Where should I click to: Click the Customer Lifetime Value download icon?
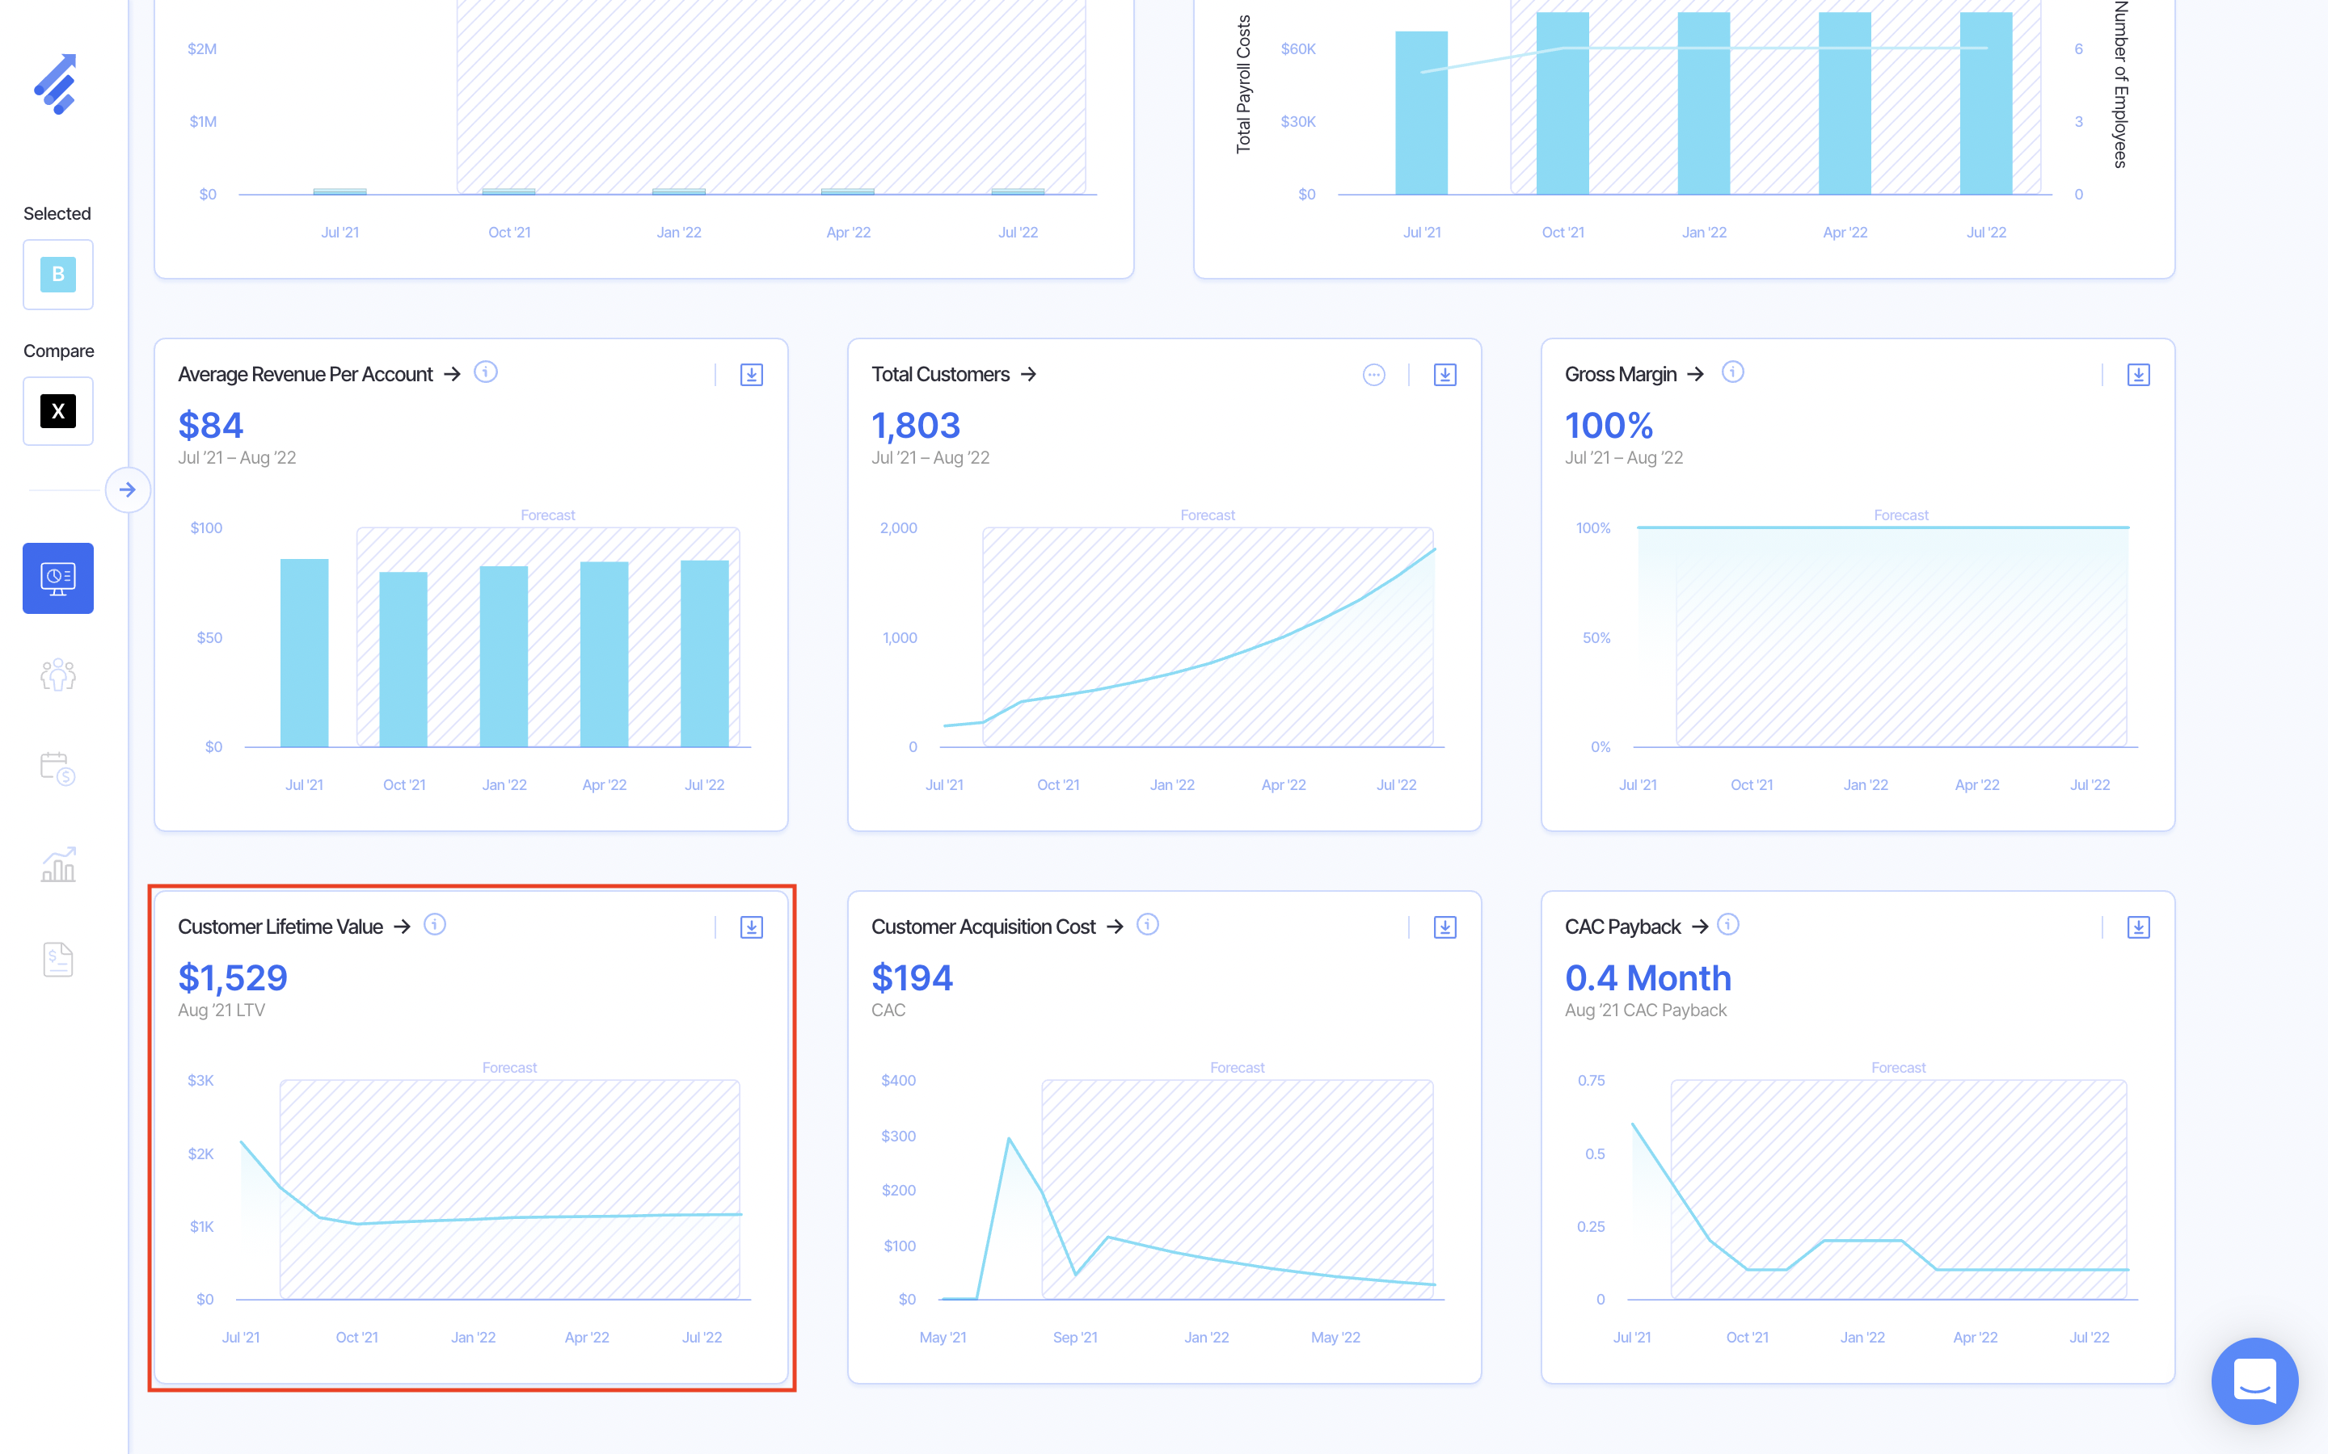coord(751,927)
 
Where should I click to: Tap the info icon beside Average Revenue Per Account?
coord(486,372)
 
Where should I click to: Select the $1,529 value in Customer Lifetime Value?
coord(233,978)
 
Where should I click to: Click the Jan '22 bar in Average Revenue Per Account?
coord(504,656)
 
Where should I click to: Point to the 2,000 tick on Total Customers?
coord(899,528)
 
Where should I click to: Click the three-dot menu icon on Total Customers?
coord(1373,375)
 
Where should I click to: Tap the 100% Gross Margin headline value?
coord(1609,425)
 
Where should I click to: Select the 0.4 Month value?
coord(1648,978)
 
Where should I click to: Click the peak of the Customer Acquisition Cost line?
coord(1009,1140)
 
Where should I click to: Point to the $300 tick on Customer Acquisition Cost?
coord(899,1136)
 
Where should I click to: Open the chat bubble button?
coord(2254,1381)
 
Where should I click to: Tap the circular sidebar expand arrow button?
coord(128,490)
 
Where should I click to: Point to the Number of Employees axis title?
coord(2120,85)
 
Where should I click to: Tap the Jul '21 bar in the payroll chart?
coord(1421,112)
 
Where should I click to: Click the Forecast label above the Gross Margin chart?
coord(1901,515)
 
